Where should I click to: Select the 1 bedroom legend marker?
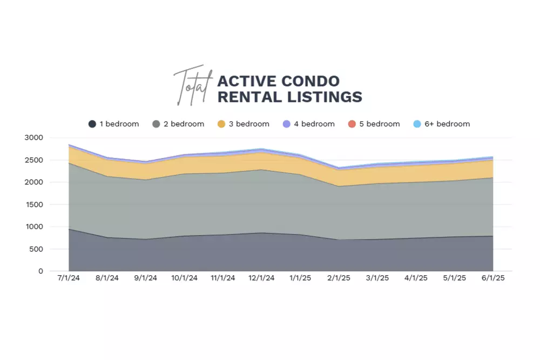92,124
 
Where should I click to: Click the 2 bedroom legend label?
184,124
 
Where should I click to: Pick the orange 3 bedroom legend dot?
221,124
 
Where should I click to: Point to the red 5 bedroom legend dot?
352,124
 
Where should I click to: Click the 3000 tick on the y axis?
33,138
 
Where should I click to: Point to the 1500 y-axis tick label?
33,205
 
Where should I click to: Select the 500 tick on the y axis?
36,249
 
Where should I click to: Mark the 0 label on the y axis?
40,271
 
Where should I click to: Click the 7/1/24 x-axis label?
69,279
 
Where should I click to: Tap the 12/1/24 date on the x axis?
261,279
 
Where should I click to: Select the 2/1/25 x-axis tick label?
339,279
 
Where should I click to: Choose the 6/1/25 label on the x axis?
492,279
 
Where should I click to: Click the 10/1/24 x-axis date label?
184,279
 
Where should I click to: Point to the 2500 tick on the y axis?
33,160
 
